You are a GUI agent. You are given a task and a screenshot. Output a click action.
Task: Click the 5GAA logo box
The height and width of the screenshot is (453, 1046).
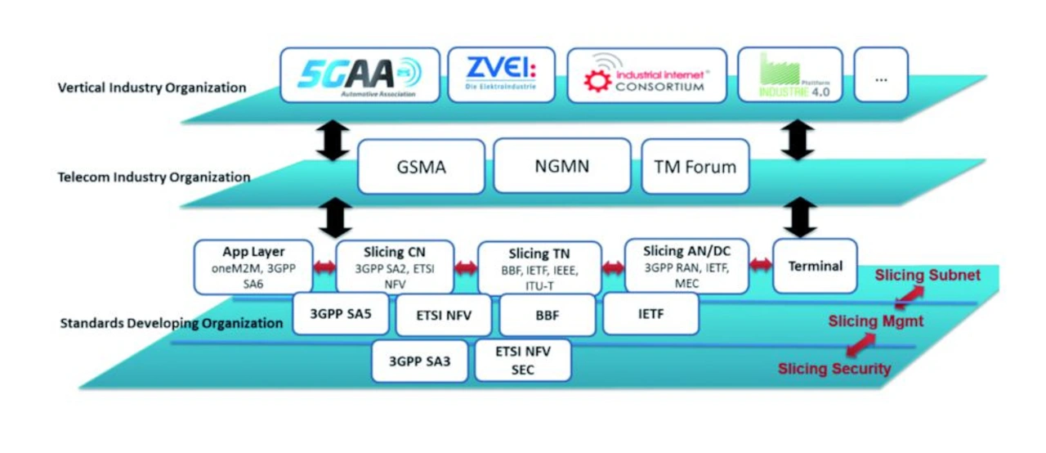[360, 74]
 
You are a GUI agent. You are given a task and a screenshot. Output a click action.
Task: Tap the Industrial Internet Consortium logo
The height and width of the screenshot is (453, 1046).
[646, 74]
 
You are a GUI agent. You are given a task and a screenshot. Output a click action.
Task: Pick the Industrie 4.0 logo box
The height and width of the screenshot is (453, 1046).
[790, 74]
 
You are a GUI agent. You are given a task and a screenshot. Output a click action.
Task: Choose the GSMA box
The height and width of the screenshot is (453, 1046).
[420, 166]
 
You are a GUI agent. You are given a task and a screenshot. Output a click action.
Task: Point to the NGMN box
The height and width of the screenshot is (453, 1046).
[561, 166]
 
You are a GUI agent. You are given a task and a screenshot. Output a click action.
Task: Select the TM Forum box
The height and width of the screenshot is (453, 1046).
[695, 166]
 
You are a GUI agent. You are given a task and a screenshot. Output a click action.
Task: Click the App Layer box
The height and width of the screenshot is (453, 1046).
[253, 266]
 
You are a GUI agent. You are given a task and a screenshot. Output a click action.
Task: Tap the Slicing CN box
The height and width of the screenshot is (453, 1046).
[395, 266]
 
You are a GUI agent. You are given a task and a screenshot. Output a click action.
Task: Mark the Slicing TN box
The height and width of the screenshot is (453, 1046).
[539, 267]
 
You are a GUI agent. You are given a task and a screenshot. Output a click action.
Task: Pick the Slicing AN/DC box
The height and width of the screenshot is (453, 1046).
[686, 266]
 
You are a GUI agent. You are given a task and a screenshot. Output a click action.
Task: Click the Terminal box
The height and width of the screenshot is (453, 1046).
[815, 266]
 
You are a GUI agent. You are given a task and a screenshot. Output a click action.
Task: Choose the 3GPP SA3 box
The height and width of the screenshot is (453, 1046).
[420, 361]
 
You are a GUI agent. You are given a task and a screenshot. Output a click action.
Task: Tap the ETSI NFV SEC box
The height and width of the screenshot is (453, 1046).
[523, 361]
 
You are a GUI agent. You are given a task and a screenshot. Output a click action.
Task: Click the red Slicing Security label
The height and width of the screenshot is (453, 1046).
[834, 369]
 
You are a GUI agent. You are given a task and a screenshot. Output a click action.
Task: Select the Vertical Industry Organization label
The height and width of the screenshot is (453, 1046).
[153, 87]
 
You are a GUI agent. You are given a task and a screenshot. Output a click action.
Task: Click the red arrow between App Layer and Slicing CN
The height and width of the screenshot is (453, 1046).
[324, 267]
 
